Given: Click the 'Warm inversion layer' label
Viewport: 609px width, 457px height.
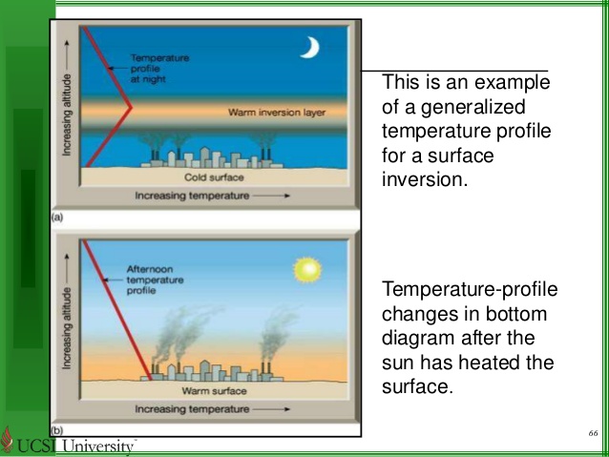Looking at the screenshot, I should click(277, 112).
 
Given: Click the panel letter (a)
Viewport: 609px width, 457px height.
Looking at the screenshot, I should click(56, 218).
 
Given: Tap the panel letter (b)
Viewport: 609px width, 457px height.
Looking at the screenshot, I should click(56, 431).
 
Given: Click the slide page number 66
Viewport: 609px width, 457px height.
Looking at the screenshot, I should click(593, 434).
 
